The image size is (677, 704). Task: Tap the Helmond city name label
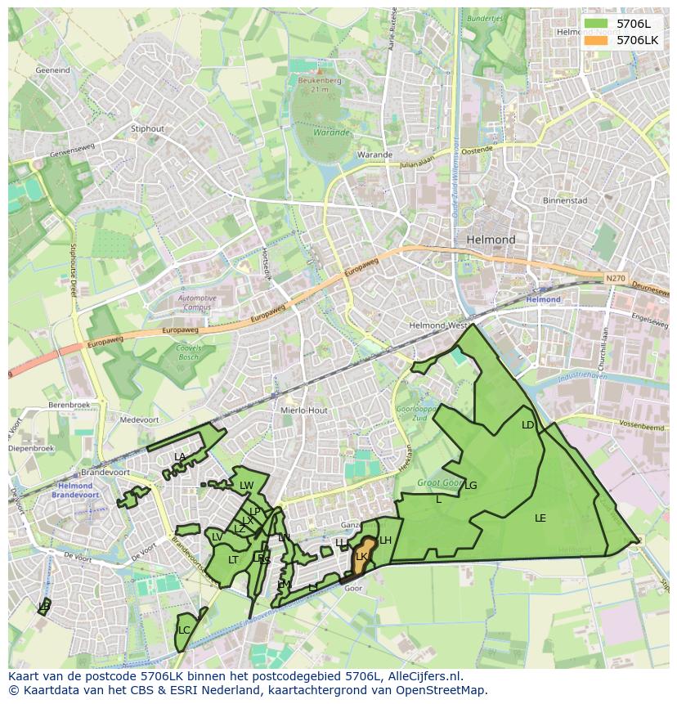pos(491,240)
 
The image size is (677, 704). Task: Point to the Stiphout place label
pos(147,128)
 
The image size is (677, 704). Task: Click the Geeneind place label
pos(52,70)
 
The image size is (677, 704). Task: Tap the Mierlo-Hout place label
pos(303,410)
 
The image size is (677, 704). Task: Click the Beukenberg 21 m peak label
pos(319,84)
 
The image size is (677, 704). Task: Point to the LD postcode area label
pos(527,425)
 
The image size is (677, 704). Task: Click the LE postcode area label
pos(540,518)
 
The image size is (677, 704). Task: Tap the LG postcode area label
pos(470,485)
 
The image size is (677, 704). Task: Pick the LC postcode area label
pos(184,630)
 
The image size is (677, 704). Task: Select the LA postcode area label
pos(180,456)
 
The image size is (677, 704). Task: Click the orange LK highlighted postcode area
pos(361,556)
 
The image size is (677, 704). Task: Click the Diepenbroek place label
pos(30,448)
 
